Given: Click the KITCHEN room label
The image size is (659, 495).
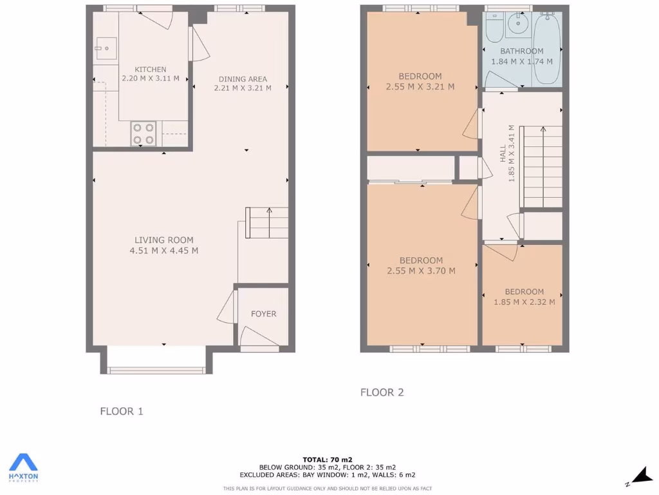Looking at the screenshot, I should coord(151,70).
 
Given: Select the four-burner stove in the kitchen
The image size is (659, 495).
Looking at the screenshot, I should coord(144,133).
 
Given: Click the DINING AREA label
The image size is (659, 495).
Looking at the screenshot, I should coord(243,79).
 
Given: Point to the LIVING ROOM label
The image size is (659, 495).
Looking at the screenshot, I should coord(163,240).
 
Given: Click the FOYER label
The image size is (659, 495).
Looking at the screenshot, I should coord(263,314).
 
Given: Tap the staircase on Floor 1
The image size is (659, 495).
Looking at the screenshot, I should coord(266,223).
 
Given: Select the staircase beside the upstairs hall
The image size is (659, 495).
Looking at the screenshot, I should coord(542,166).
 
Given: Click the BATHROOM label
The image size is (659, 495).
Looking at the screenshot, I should coord(522,51).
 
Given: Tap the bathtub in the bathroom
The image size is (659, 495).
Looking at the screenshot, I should coord(547,48).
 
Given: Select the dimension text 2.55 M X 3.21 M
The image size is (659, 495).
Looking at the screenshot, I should coord(420,86).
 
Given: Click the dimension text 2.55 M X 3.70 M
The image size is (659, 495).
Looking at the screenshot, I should coord(421,271).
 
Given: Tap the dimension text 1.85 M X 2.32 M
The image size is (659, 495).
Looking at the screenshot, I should coord(524,302).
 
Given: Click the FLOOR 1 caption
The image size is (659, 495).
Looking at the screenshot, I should coord(122,411).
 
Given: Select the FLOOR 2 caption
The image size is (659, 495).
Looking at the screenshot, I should coord(382,392).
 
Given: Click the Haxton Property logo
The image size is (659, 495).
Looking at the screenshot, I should coord(23,467).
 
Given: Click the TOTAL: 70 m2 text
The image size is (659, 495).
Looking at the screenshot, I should coord(328,460).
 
